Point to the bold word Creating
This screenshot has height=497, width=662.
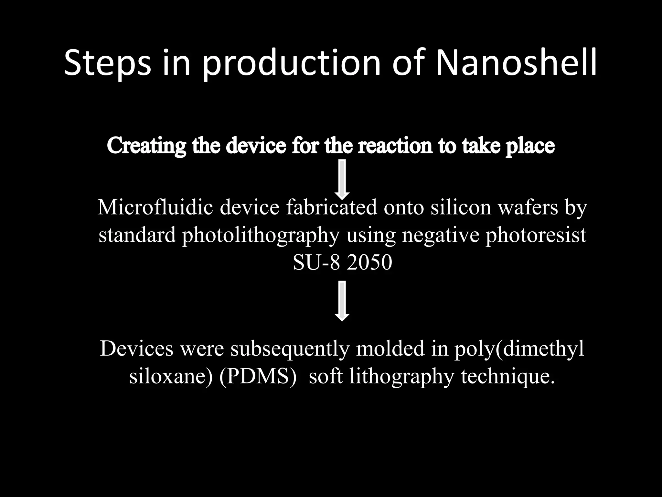tap(146, 146)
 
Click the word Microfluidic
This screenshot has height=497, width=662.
tap(155, 207)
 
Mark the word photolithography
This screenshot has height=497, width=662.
tap(261, 235)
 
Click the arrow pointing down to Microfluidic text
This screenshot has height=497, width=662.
tap(342, 179)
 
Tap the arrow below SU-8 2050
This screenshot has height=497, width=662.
tap(342, 301)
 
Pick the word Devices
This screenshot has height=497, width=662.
tap(136, 349)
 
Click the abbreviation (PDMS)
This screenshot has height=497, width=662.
tap(258, 377)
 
